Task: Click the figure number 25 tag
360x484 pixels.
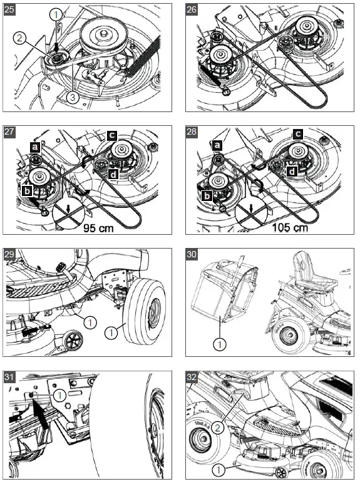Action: (x=9, y=9)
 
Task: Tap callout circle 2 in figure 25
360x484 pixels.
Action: (x=19, y=38)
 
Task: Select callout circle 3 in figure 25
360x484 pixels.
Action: (x=73, y=98)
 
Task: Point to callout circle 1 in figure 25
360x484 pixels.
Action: (x=56, y=14)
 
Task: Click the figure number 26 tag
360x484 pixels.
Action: (x=192, y=9)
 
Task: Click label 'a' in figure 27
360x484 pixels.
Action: (x=35, y=147)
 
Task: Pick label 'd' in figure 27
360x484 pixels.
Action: (x=113, y=175)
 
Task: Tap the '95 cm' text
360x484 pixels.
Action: (x=98, y=228)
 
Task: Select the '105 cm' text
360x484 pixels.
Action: (x=291, y=227)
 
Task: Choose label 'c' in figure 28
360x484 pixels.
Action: (x=298, y=134)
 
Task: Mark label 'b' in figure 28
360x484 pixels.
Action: (x=207, y=196)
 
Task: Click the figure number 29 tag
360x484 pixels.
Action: (x=9, y=254)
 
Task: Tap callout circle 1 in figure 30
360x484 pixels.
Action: (x=220, y=344)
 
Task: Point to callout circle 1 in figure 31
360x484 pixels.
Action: (x=59, y=395)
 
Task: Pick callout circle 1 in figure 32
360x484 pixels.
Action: (x=219, y=470)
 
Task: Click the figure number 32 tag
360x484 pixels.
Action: (x=192, y=377)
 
